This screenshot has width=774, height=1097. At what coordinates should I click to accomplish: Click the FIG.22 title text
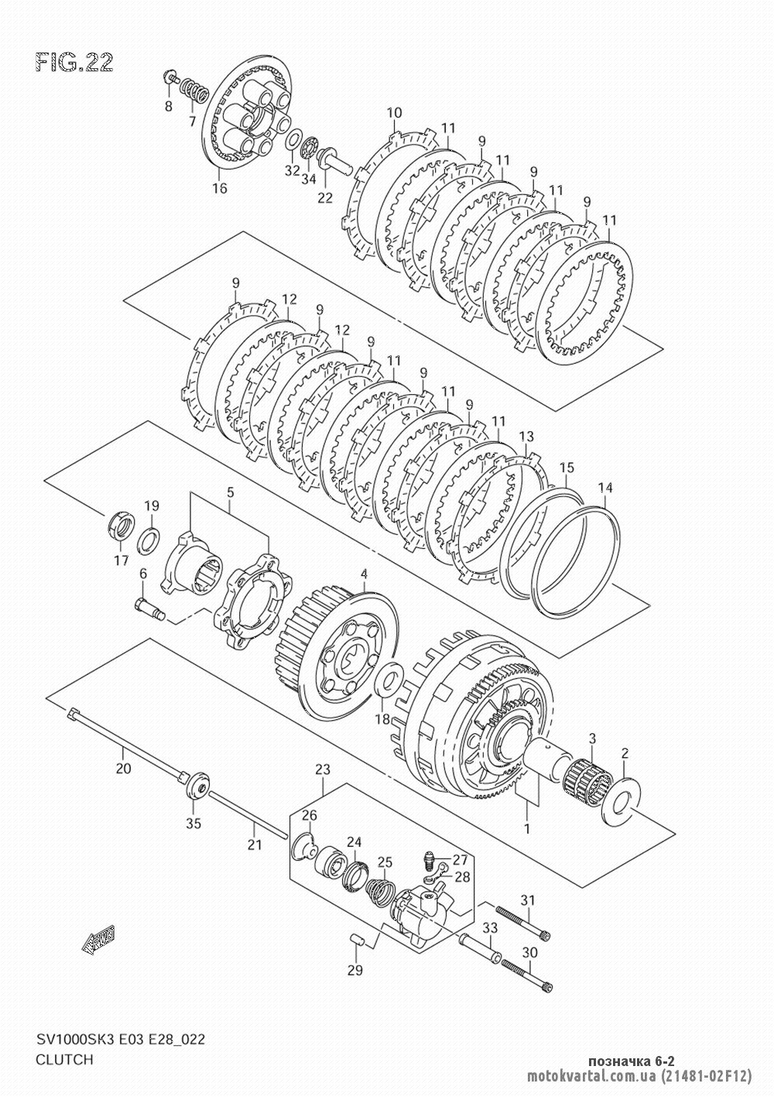point(74,63)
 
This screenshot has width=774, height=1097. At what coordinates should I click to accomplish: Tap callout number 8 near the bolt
point(169,106)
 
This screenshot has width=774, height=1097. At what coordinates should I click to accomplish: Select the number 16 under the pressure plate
point(220,187)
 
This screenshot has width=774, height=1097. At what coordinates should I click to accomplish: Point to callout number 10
point(394,112)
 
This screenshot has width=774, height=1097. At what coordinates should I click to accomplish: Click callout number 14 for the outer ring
point(604,487)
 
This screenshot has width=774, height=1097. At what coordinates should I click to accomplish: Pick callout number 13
point(526,436)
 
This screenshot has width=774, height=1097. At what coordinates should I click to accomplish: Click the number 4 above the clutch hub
point(364,573)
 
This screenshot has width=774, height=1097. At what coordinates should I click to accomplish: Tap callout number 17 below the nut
point(121,560)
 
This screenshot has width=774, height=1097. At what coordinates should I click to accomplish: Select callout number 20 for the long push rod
point(123,769)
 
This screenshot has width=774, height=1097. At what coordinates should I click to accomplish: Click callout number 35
point(193,824)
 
